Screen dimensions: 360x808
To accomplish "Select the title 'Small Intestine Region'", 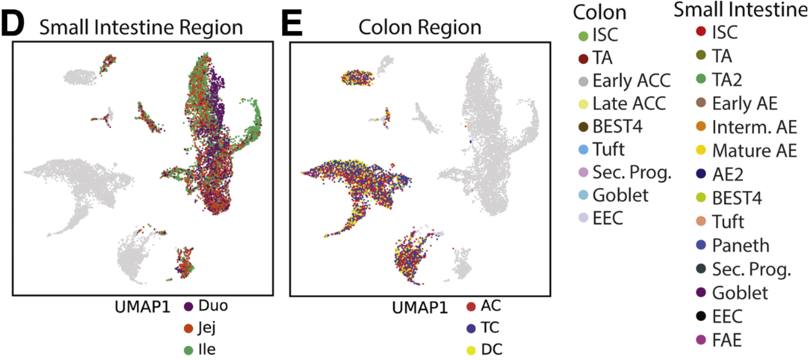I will tap(140, 27).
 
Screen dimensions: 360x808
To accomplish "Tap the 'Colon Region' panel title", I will tap(420, 27).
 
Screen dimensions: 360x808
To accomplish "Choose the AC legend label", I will tap(492, 306).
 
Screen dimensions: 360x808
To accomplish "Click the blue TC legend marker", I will tap(471, 328).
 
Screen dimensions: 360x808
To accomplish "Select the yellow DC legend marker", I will tap(471, 349).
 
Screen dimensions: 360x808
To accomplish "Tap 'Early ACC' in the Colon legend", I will tap(631, 81).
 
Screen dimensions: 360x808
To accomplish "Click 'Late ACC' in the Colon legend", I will tap(629, 104).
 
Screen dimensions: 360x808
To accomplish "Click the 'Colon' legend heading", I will tap(599, 11).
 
